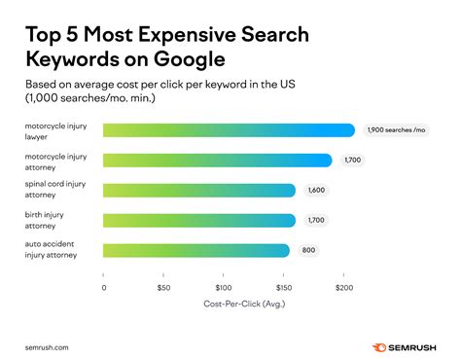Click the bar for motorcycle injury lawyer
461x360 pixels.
(229, 130)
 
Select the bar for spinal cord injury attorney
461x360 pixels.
(198, 191)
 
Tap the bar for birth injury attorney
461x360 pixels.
(198, 221)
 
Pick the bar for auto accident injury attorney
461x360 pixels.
(195, 251)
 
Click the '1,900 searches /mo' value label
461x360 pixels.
(398, 130)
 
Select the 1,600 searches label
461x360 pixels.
(317, 191)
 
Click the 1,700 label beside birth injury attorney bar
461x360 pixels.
(317, 221)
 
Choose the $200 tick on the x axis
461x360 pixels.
(341, 288)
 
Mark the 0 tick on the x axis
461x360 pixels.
(104, 288)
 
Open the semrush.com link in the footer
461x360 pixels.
(48, 344)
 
